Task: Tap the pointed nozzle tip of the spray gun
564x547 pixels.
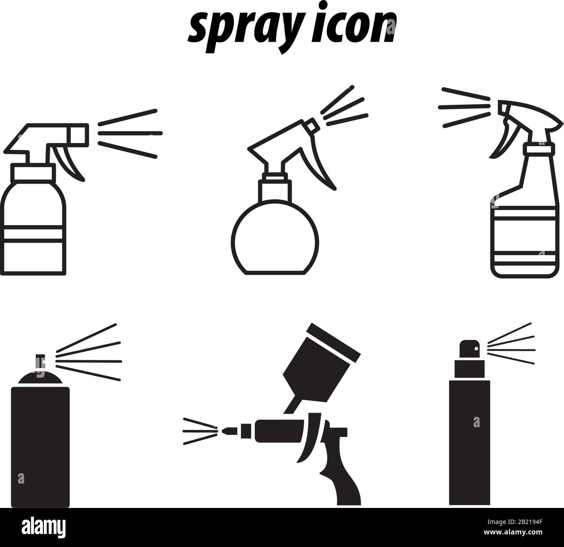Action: [x=225, y=431]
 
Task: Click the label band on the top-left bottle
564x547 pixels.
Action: [x=34, y=234]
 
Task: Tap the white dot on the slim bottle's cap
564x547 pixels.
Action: [x=476, y=348]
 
